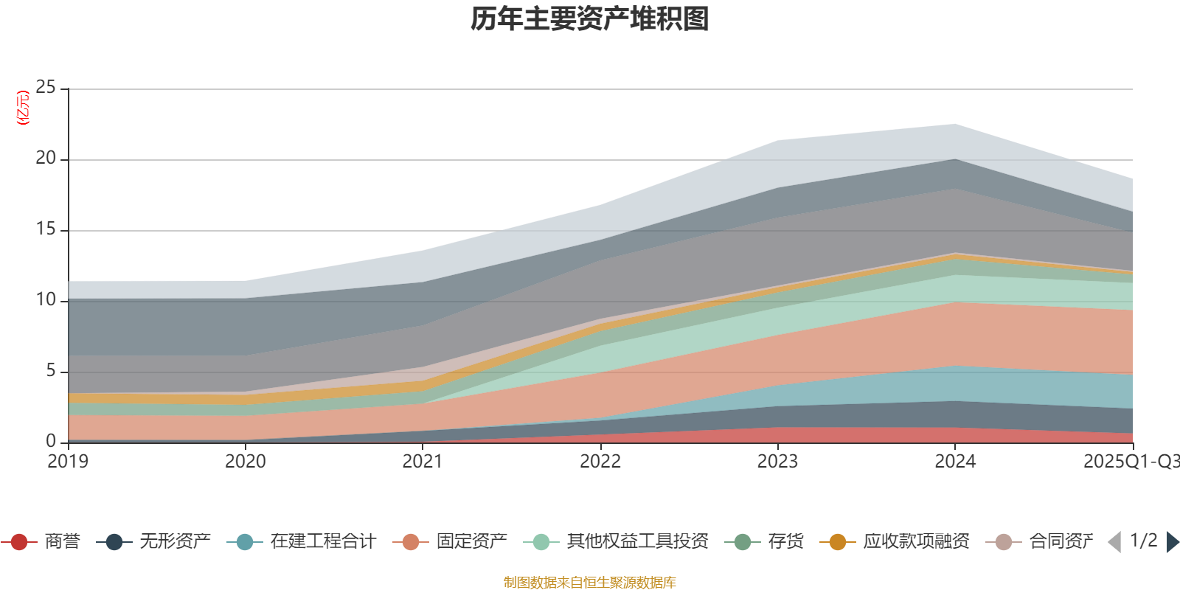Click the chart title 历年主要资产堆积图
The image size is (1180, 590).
590,19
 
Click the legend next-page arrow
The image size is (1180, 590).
1172,542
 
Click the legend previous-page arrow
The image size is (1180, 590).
1114,542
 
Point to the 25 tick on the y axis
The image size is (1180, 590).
46,88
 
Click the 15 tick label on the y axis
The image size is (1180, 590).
46,229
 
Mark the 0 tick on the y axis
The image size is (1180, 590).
51,441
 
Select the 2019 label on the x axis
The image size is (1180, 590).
68,462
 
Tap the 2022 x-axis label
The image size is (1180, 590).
600,462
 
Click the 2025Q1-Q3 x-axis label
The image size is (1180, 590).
1131,462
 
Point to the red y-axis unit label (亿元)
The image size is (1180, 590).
23,108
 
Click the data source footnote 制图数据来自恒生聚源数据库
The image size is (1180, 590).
590,583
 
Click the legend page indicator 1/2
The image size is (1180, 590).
1143,541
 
